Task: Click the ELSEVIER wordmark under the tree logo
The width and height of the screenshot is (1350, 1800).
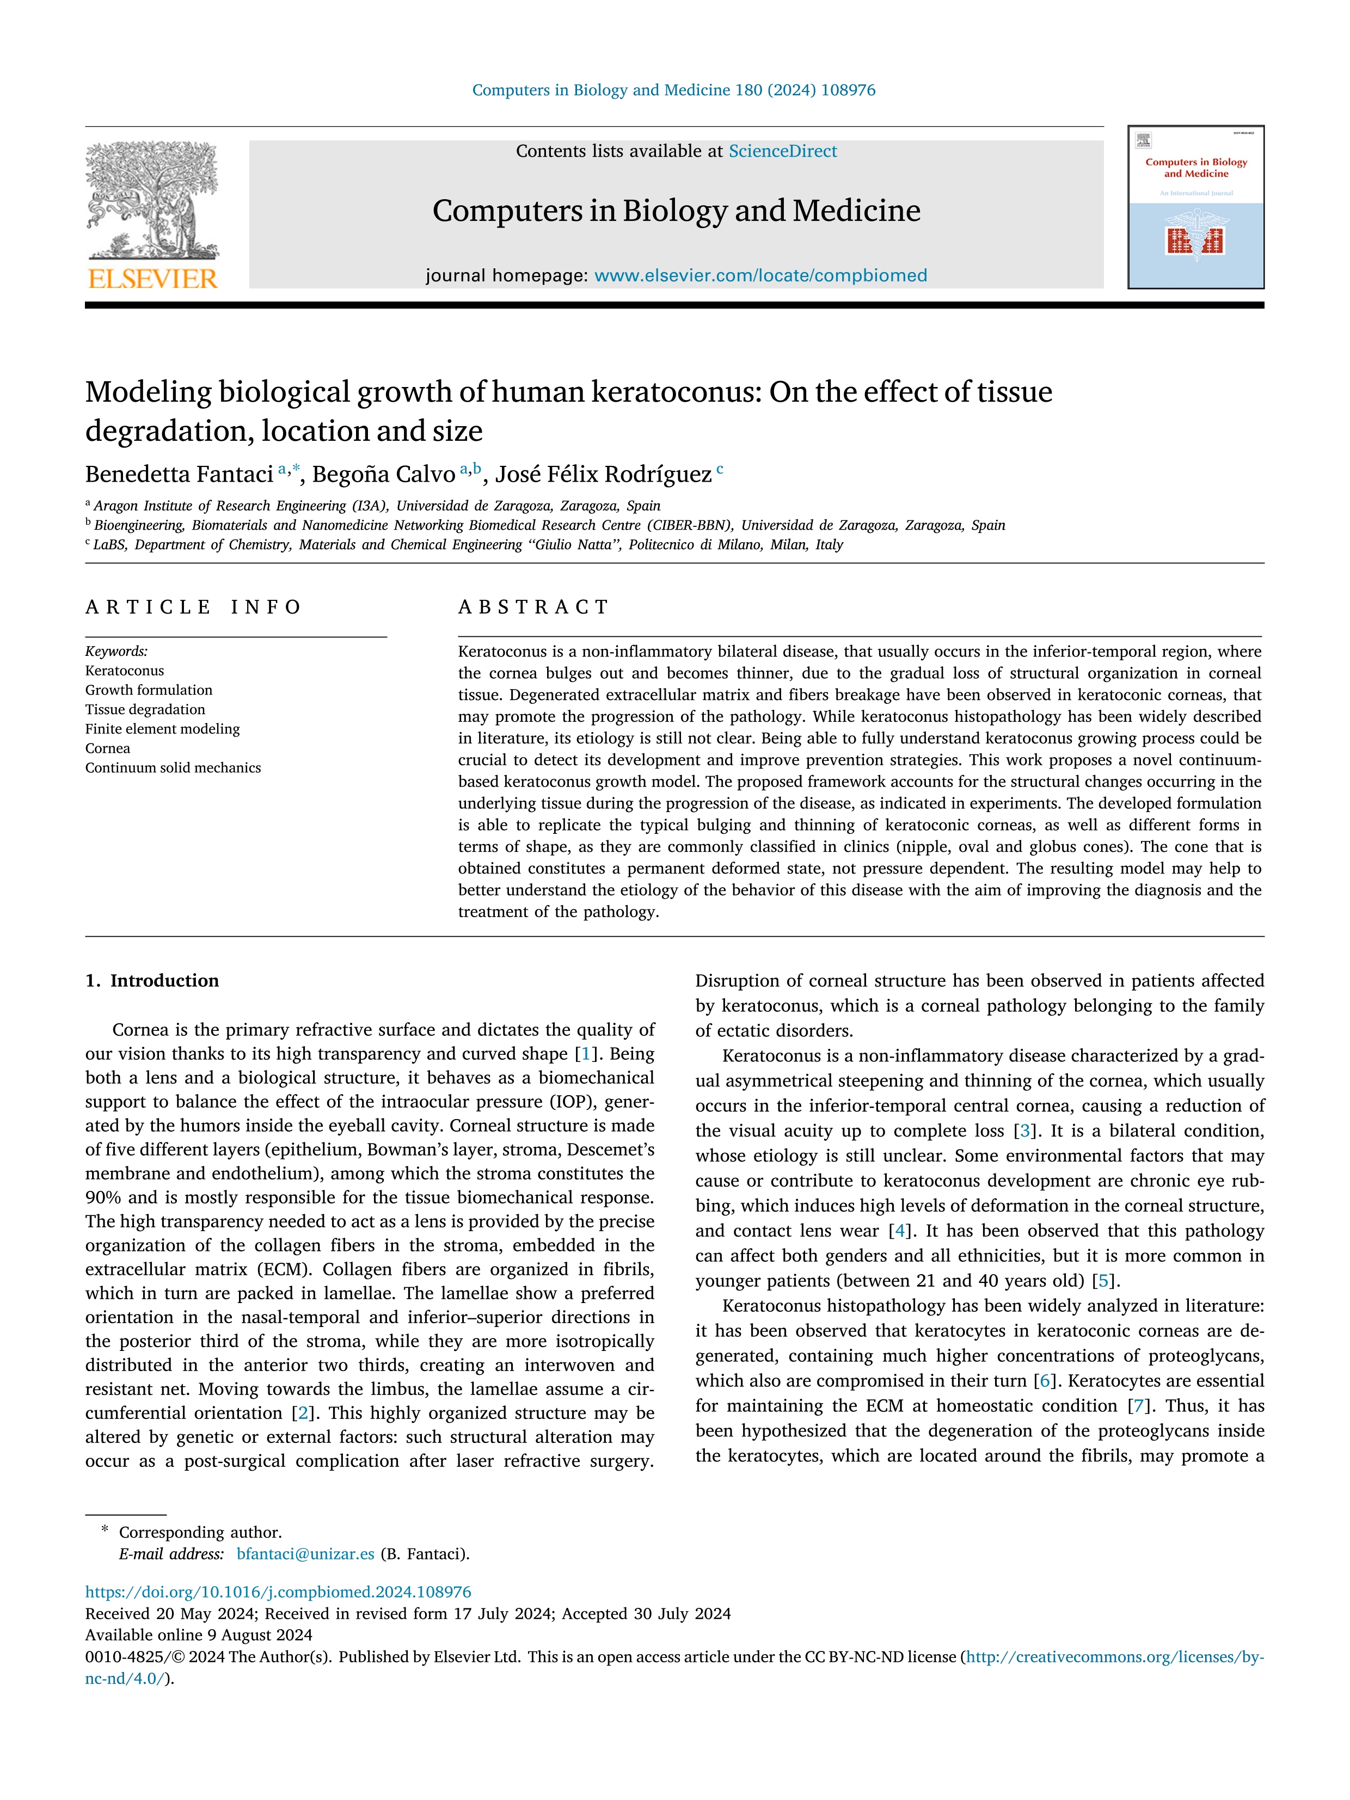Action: click(x=152, y=279)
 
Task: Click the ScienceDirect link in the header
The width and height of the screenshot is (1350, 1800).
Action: click(x=782, y=151)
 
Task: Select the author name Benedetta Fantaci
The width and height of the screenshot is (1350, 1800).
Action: click(x=179, y=475)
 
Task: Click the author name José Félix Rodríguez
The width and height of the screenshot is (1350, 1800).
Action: click(x=603, y=475)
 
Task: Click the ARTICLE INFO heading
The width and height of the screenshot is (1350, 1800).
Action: click(x=194, y=607)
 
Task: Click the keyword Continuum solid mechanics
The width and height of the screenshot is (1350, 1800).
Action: click(x=173, y=768)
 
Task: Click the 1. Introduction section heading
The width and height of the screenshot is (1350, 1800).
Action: click(x=152, y=981)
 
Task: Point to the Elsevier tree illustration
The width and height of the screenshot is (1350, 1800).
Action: click(x=152, y=199)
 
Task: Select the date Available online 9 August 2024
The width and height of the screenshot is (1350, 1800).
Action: click(x=199, y=1636)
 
